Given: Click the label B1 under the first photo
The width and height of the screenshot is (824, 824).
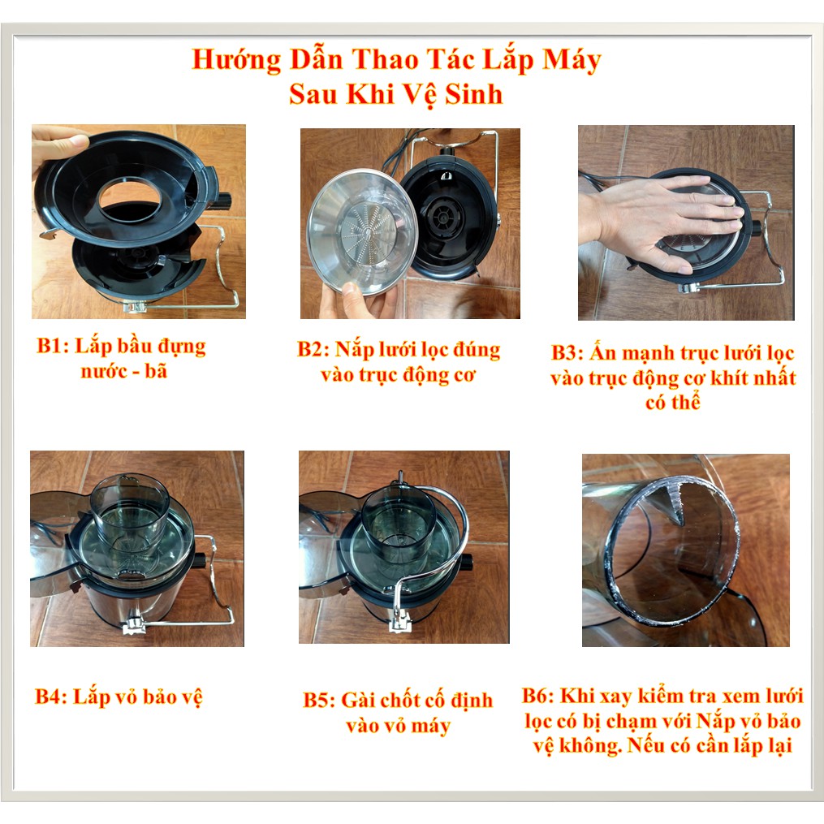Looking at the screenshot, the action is tap(51, 347).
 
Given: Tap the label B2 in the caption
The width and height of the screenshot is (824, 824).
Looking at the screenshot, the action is tap(313, 349).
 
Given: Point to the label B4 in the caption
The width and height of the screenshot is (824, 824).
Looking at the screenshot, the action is tap(50, 697).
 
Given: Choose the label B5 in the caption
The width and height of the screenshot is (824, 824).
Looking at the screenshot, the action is tap(318, 701).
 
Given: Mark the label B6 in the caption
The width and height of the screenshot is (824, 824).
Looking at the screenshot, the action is tap(537, 696).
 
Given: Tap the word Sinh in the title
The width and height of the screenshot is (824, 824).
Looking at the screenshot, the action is tap(473, 95).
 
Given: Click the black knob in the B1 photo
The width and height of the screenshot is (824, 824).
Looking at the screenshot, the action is tap(222, 201).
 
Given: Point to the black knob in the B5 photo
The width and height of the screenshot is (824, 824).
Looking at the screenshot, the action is tap(465, 562).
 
